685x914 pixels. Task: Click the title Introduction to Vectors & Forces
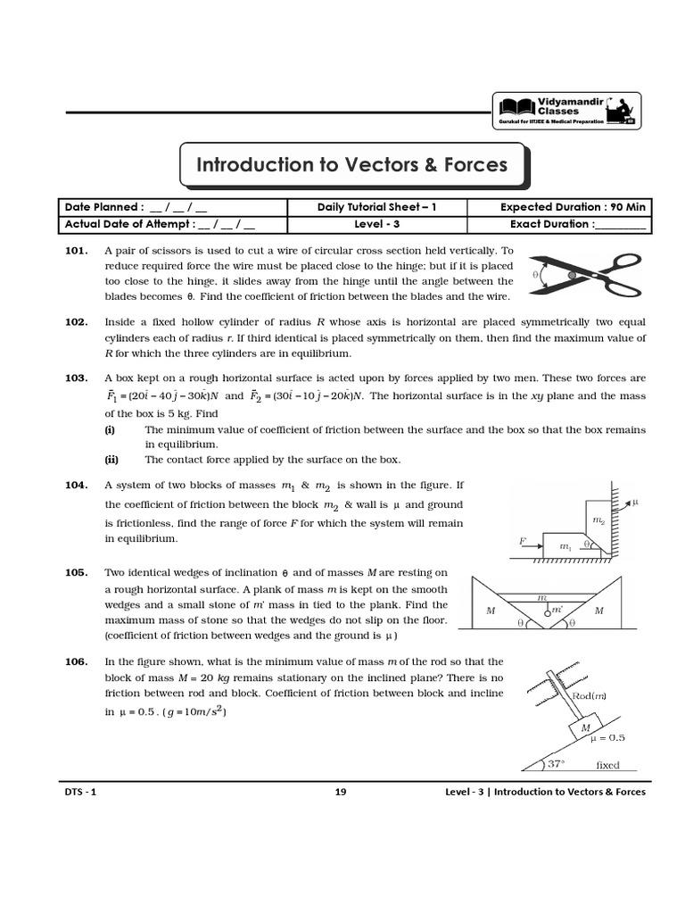(x=351, y=164)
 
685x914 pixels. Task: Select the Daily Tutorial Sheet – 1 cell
(x=377, y=207)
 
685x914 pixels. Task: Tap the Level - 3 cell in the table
(x=377, y=224)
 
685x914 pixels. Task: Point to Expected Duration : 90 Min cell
(x=574, y=207)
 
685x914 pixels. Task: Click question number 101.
(x=76, y=252)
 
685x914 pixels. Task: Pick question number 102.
(x=76, y=321)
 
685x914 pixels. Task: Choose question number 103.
(x=76, y=378)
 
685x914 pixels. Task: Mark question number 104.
(x=76, y=485)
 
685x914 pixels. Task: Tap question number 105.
(x=76, y=572)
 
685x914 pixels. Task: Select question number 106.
(x=76, y=661)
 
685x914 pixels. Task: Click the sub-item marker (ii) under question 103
(x=111, y=460)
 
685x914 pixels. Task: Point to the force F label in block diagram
(x=524, y=540)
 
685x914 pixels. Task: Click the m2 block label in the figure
(x=597, y=519)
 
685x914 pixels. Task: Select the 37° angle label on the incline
(x=557, y=764)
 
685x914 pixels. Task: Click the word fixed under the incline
(x=607, y=765)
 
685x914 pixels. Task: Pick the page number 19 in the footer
(x=341, y=792)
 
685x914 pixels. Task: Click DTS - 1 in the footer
(x=79, y=792)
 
